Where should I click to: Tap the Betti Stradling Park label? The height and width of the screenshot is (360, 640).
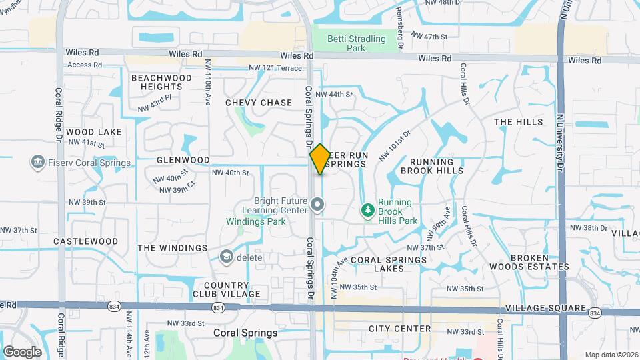pos(357,43)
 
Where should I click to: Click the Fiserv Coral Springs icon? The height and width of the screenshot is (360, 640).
pos(37,162)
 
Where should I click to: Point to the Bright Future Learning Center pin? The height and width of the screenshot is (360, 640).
pos(317,205)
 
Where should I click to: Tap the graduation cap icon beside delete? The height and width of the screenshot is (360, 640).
pos(227,257)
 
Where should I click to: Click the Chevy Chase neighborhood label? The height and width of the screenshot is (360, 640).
pos(259,103)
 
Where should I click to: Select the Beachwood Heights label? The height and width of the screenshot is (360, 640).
pos(161,82)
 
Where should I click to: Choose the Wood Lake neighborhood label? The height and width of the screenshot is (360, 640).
pos(94,132)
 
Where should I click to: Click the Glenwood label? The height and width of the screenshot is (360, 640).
pos(183,160)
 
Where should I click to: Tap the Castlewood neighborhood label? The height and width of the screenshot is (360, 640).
pos(85,241)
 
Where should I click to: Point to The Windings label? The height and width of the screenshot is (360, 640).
pos(173,248)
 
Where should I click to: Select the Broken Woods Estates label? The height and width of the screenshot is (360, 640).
pos(540,262)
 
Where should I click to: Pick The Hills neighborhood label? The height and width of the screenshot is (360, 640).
pos(518,122)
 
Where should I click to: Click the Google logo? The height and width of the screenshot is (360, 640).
pos(22,351)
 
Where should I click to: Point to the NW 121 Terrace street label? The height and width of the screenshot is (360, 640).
pos(275,68)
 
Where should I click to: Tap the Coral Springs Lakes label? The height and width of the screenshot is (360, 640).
pos(386,264)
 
